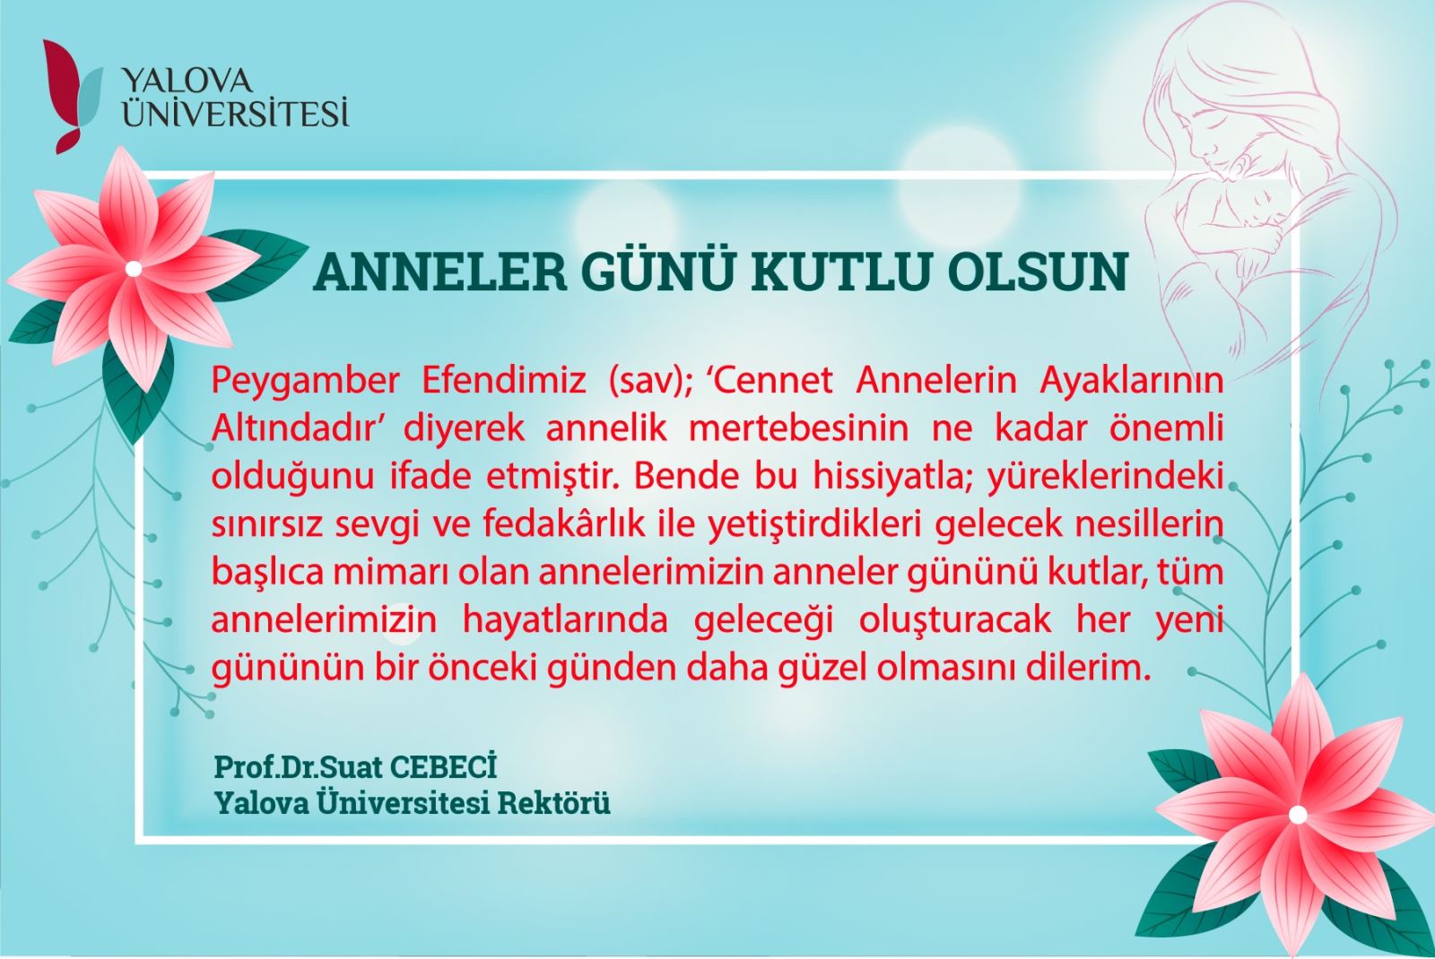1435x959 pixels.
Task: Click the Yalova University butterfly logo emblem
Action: click(71, 96)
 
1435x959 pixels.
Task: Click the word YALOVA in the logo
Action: click(187, 82)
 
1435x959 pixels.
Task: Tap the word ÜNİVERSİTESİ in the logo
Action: click(236, 112)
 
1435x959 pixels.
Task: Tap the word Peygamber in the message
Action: click(305, 382)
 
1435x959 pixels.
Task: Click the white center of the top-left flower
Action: click(134, 269)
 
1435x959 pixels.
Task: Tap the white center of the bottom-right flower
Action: click(1298, 815)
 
